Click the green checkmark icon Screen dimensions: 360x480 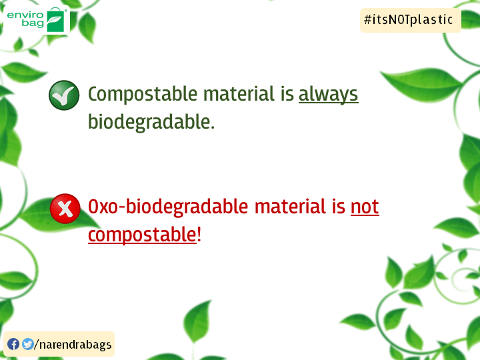64,95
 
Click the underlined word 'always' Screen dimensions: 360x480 328,95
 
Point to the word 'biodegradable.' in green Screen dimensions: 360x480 151,123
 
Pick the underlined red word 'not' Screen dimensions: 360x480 365,207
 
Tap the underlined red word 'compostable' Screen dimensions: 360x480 142,235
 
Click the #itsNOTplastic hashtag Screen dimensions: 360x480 409,20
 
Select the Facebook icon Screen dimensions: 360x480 13,345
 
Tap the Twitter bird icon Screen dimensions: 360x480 27,345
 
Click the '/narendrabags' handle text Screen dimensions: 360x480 73,345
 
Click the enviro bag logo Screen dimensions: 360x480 37,19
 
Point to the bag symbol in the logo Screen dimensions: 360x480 57,21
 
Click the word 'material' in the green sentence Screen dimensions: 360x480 238,95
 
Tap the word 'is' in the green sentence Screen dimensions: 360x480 287,95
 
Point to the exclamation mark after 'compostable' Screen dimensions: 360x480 199,235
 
